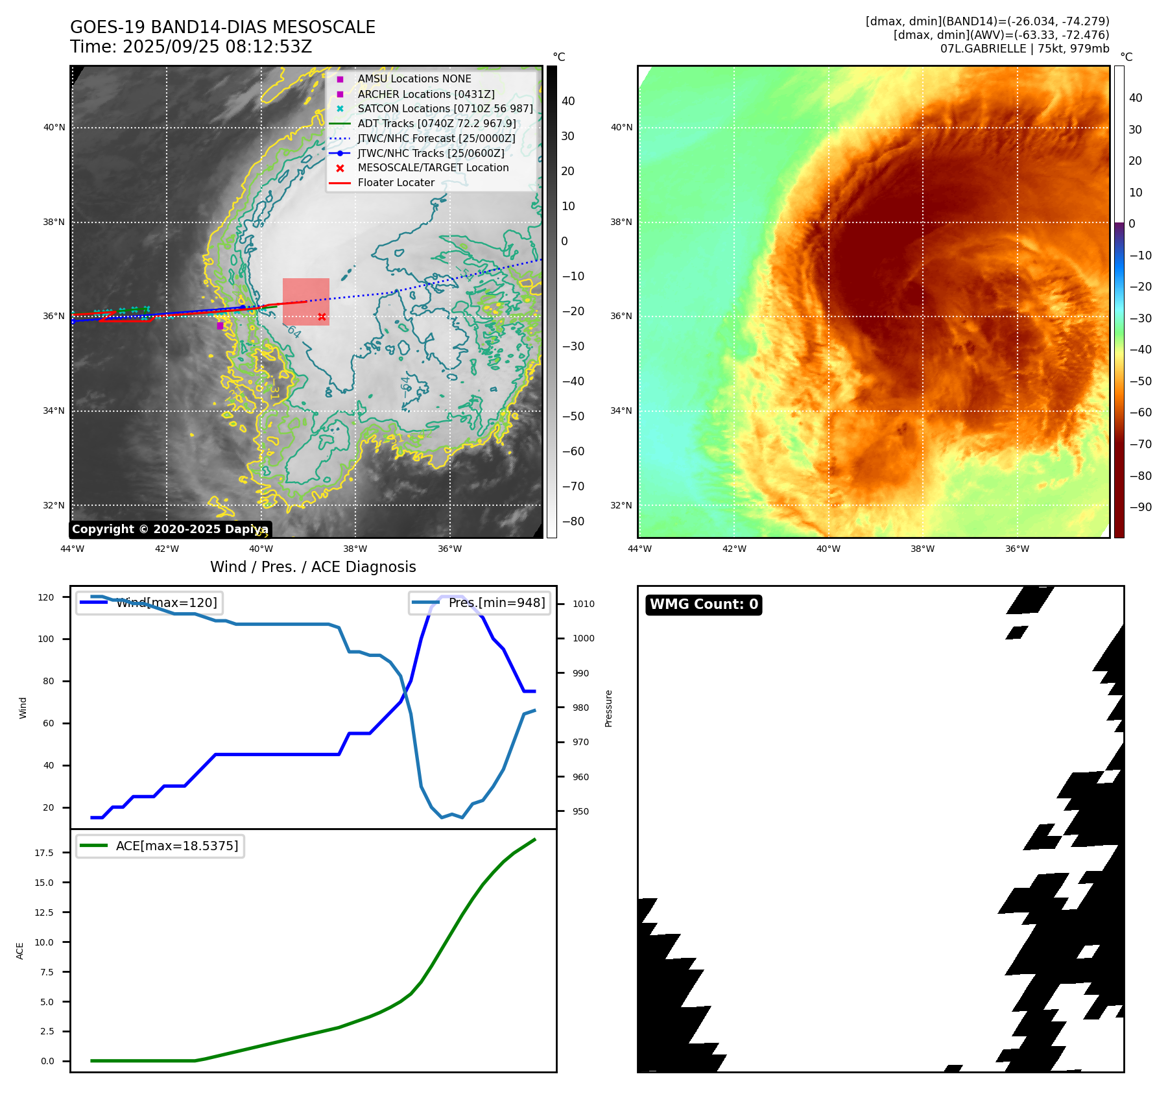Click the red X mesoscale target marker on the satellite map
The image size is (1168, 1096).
point(322,316)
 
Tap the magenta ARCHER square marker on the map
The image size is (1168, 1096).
point(220,326)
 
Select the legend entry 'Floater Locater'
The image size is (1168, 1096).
point(396,183)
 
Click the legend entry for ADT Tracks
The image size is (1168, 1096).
point(436,123)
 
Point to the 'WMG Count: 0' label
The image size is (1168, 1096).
point(704,604)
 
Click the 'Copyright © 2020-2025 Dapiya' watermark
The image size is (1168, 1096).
point(170,529)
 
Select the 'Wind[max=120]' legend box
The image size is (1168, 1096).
point(149,602)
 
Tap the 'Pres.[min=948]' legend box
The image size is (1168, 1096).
point(480,602)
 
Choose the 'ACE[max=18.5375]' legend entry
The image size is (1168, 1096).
point(160,846)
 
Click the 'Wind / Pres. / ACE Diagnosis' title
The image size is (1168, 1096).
point(313,567)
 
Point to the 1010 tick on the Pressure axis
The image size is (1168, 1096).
point(583,604)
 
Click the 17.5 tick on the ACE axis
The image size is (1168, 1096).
point(44,853)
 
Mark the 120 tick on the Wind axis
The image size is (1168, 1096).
point(46,597)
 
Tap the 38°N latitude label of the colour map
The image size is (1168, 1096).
point(621,222)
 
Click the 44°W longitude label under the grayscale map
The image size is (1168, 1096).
point(72,549)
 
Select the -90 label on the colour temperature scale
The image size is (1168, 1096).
point(1140,507)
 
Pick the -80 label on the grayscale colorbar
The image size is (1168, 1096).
point(573,521)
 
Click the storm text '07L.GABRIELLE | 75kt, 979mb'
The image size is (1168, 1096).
point(1025,49)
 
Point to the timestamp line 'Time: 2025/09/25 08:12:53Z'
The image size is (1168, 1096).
point(191,47)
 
